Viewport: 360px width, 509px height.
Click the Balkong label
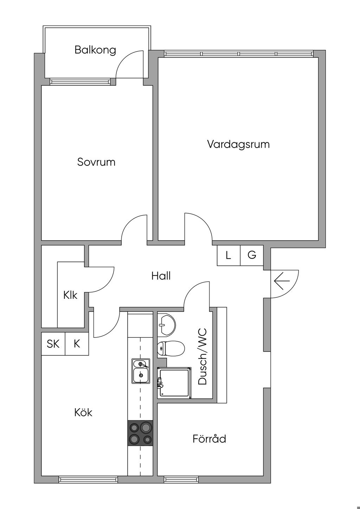click(95, 50)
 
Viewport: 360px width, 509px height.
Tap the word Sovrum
click(96, 162)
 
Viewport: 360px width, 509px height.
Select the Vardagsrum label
click(238, 144)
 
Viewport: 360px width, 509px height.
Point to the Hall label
click(161, 276)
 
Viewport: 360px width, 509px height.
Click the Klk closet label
click(70, 295)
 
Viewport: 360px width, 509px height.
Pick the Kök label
click(83, 412)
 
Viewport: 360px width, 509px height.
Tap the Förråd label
click(209, 439)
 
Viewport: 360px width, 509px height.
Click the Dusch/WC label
click(203, 356)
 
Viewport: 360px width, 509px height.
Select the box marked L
click(229, 255)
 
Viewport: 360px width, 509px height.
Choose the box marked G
click(252, 255)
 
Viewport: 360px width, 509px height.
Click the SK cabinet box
click(53, 344)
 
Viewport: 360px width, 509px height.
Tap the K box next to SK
click(77, 344)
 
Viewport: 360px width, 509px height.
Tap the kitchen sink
click(141, 371)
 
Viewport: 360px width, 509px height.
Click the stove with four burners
click(141, 433)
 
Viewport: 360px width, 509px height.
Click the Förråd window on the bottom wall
click(181, 479)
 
